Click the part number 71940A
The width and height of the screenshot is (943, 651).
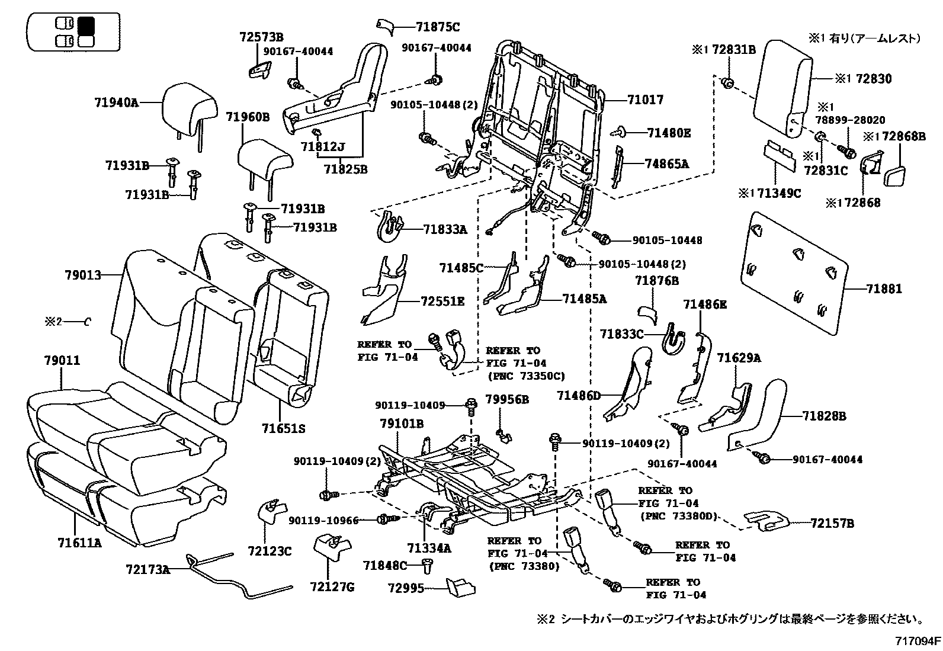116,102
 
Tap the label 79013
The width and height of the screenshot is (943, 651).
83,275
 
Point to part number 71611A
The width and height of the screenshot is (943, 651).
79,542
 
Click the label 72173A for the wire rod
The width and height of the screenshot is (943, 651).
147,570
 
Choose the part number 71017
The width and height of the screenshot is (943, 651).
645,100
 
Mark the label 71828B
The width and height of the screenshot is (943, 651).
825,416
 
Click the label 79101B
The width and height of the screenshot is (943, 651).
402,424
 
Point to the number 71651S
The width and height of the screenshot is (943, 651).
283,428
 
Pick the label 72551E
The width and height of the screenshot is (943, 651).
442,302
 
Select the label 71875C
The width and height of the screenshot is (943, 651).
438,27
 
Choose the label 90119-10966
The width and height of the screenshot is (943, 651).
324,520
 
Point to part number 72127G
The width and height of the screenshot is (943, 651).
332,587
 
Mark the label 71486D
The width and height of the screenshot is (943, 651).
579,395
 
